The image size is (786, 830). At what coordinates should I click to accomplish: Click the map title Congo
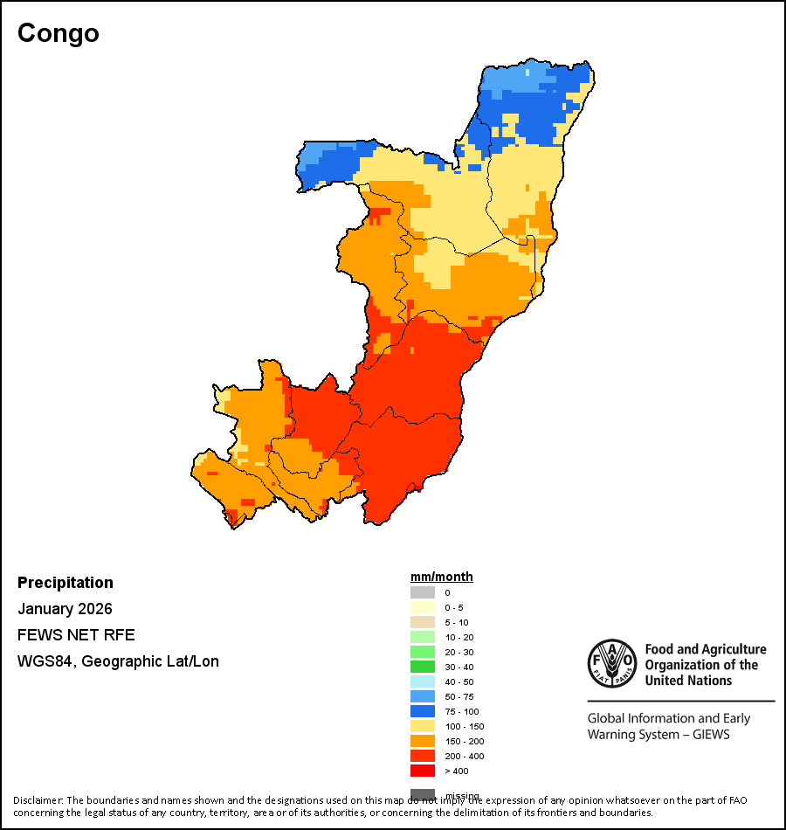tap(59, 33)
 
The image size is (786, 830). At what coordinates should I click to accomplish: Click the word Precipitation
tap(65, 583)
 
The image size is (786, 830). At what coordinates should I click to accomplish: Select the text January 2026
tap(65, 609)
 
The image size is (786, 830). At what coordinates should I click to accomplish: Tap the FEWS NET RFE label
tap(76, 635)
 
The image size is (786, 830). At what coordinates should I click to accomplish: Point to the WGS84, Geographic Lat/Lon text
tap(118, 661)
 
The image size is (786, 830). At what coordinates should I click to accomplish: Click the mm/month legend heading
tap(442, 577)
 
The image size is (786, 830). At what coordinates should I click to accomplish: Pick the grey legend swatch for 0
tap(423, 592)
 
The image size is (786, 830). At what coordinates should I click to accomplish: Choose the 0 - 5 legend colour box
tap(423, 607)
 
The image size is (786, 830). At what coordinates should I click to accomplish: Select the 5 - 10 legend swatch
tap(423, 622)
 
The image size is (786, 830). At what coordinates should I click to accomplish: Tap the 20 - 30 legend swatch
tap(423, 652)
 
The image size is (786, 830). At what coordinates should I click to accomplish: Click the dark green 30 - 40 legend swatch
tap(423, 667)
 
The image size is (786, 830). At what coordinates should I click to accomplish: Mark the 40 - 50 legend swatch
tap(423, 681)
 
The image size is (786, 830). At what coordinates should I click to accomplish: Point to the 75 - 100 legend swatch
tap(423, 711)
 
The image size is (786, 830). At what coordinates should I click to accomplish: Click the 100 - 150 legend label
tap(463, 727)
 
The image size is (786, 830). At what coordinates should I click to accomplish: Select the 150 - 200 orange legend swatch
tap(423, 741)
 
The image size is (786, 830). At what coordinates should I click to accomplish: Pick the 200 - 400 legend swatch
tap(423, 756)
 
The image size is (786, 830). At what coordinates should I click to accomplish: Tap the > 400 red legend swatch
tap(423, 771)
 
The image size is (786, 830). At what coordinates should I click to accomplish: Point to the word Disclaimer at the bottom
tap(38, 800)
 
